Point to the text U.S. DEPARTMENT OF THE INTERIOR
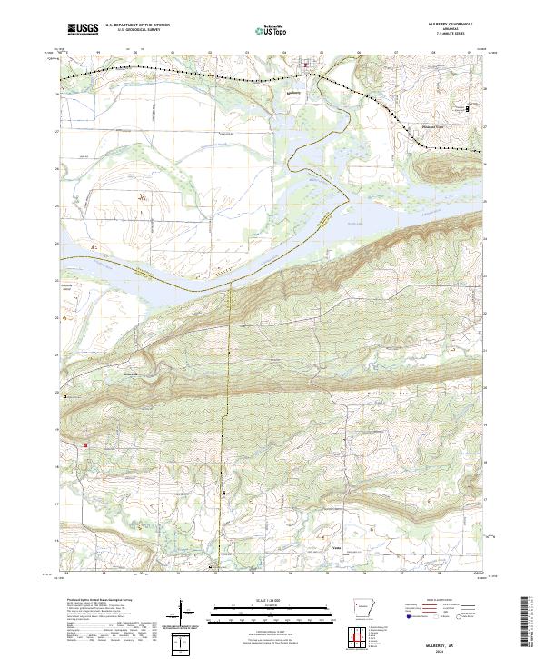[x=137, y=25]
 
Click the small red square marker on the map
[x=86, y=445]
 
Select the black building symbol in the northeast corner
[x=469, y=108]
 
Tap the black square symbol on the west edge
[x=64, y=396]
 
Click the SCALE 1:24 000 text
[x=271, y=599]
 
